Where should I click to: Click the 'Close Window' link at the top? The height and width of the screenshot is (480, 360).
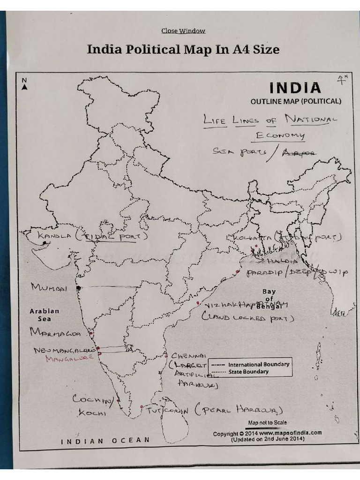tap(183, 31)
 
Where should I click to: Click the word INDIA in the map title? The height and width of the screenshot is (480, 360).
tap(294, 88)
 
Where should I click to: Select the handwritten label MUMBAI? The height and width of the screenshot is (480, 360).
tap(49, 287)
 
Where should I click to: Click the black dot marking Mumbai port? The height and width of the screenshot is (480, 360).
tap(78, 287)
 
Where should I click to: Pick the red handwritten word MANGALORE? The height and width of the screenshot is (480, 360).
tap(69, 359)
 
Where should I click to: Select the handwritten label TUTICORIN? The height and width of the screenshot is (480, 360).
tap(167, 411)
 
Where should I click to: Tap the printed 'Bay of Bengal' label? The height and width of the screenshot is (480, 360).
tap(269, 299)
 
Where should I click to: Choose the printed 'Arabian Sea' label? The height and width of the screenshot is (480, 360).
tap(45, 315)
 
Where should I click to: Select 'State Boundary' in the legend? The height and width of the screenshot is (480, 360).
tap(248, 372)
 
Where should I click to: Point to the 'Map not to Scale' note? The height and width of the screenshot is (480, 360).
tap(268, 422)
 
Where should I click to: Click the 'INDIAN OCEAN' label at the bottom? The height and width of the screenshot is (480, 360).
tap(106, 441)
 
